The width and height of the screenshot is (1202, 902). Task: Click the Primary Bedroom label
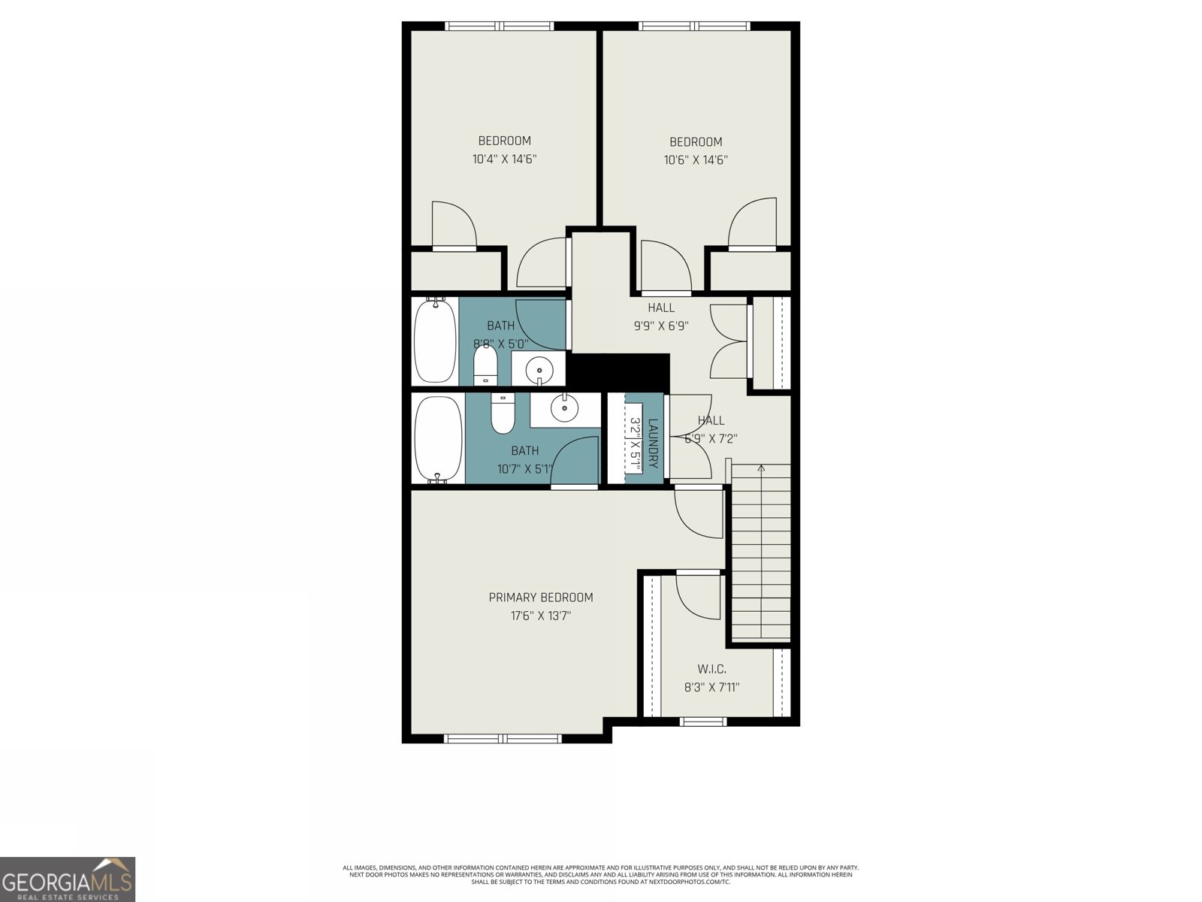[540, 598]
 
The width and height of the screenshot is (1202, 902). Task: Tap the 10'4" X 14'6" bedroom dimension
[504, 159]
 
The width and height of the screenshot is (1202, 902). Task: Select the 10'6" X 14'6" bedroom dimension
[696, 160]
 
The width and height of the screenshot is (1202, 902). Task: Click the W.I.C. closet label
[711, 669]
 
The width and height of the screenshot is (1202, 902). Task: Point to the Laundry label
[653, 443]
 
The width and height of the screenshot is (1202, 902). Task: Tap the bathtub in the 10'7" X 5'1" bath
[438, 439]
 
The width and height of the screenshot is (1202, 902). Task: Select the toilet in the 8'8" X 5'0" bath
[485, 365]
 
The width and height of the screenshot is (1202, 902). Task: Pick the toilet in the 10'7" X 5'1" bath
[503, 416]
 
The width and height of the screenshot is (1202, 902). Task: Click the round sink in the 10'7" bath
[564, 409]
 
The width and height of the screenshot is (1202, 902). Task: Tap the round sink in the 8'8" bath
[539, 370]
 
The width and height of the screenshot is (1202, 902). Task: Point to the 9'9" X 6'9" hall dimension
[661, 326]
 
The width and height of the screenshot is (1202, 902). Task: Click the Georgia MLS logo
[68, 879]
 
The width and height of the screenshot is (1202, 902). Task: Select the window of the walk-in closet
[703, 722]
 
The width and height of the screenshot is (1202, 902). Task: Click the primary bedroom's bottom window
[503, 738]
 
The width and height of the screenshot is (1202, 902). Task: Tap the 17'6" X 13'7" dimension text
[540, 616]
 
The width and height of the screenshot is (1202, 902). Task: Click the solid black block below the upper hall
[618, 371]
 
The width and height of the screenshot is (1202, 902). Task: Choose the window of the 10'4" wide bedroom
[500, 26]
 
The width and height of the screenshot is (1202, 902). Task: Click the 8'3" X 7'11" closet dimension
[711, 687]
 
